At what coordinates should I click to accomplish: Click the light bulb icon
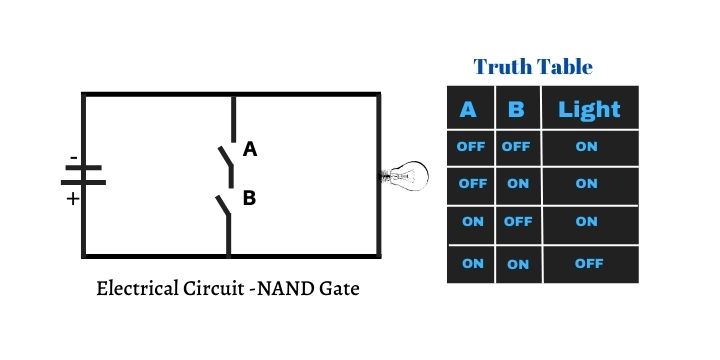coord(405,176)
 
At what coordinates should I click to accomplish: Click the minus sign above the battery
coord(73,158)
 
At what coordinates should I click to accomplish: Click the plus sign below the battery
coord(72,198)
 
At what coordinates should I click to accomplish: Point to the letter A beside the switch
coord(250,150)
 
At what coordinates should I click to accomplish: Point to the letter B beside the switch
coord(250,198)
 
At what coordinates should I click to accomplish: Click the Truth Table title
coord(533,67)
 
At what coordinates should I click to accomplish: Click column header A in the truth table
coord(468,109)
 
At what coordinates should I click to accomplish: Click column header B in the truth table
coord(516,109)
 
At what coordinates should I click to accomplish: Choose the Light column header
coord(589,109)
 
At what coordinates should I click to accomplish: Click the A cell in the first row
coord(470,146)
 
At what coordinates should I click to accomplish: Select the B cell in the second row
coord(517,184)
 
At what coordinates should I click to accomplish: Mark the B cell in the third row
coord(517,222)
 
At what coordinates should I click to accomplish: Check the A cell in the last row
coord(472,263)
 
